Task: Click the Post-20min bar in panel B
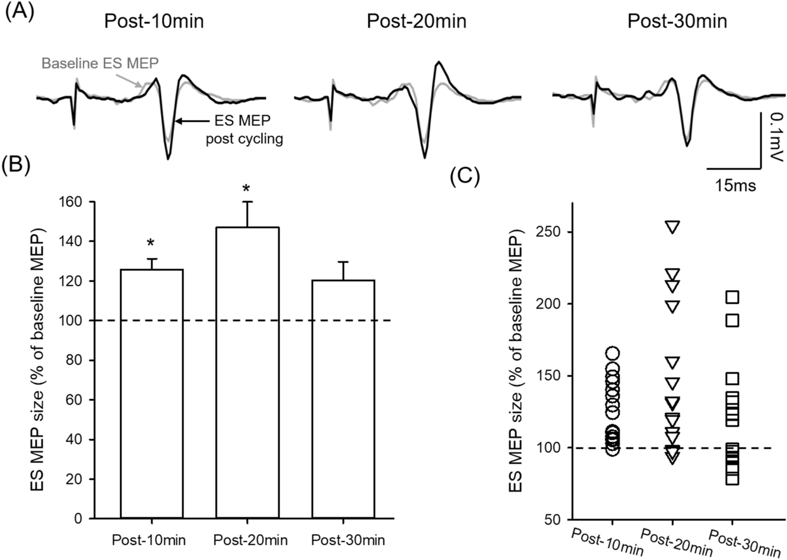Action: coord(247,372)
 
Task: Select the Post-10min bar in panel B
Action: coord(152,393)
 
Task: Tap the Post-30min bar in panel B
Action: coord(344,399)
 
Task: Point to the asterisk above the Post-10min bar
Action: coord(151,243)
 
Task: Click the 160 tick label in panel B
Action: coord(71,202)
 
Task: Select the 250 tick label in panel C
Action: coord(546,232)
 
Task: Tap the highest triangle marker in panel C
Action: coord(672,226)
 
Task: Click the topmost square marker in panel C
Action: coord(732,297)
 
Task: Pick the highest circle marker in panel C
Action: coord(613,353)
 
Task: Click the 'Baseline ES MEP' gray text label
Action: coord(100,64)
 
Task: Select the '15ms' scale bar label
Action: coord(734,185)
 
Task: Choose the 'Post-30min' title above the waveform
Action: coord(677,21)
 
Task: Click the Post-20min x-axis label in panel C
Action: coord(677,543)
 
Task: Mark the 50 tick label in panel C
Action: coord(550,520)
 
